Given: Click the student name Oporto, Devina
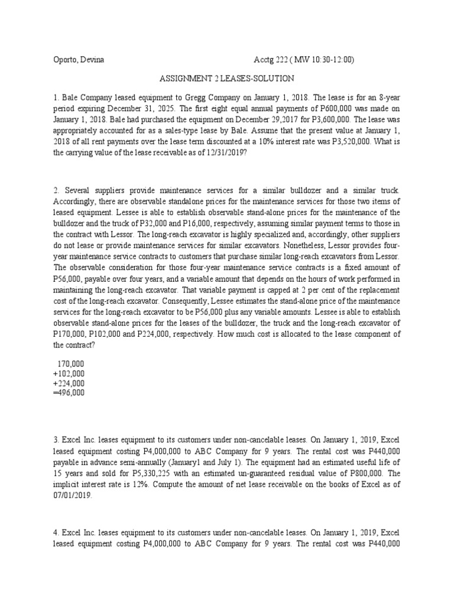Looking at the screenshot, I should coord(77,59).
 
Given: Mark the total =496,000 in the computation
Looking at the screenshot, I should coord(69,392).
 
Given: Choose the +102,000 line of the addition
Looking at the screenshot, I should coord(69,373).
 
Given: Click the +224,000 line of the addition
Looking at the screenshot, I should coord(69,383).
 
